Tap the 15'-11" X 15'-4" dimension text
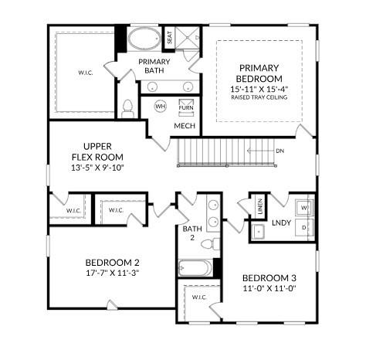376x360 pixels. pos(259,90)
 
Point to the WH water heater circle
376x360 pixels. pos(161,106)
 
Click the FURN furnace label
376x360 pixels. pos(186,107)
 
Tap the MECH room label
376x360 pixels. pos(184,125)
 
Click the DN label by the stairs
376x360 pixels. pos(279,151)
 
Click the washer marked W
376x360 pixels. pos(303,207)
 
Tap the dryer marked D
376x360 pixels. pos(303,228)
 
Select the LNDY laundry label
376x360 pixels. pos(281,223)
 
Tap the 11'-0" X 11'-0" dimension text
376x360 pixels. pos(269,288)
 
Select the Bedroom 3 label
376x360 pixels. pos(269,278)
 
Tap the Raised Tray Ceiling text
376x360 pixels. pos(259,99)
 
